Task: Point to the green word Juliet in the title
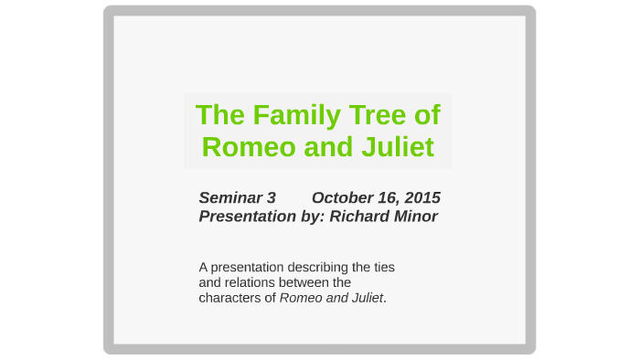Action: click(x=398, y=146)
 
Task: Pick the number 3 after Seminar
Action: click(x=272, y=197)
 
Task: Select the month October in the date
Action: click(x=343, y=197)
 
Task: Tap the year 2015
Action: click(x=421, y=197)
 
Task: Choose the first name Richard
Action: click(x=360, y=217)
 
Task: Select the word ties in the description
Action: click(x=383, y=268)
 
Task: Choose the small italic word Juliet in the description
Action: click(x=365, y=298)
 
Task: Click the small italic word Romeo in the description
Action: click(x=298, y=298)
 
